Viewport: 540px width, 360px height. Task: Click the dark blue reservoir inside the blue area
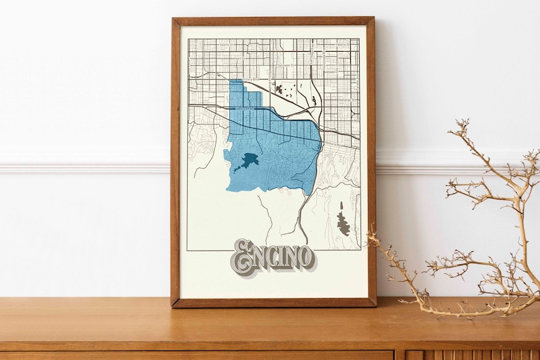[x=246, y=162]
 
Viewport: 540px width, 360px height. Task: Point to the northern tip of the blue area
[x=235, y=81]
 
